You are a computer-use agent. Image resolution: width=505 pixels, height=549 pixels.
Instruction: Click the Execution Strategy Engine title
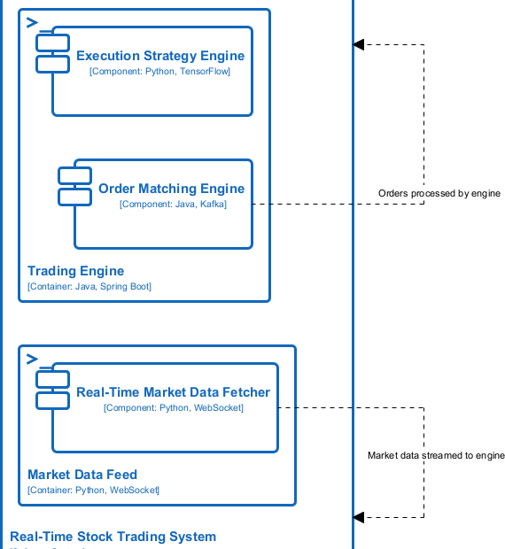pos(160,56)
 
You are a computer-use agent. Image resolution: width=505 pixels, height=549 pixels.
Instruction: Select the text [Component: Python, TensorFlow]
pos(160,71)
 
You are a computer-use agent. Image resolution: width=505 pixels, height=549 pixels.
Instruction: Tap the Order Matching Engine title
pos(171,189)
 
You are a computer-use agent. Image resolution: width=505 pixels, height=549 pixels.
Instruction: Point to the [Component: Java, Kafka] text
pos(173,204)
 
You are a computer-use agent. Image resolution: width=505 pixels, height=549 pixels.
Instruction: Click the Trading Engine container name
pos(76,271)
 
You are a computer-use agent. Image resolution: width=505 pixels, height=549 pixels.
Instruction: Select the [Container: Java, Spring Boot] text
pos(89,286)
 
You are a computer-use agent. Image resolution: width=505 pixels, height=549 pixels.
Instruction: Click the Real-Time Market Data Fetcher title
pos(173,392)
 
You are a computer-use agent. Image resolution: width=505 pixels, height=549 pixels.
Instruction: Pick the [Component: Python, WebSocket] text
pos(173,407)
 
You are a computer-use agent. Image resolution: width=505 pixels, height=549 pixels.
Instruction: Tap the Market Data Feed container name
pos(82,475)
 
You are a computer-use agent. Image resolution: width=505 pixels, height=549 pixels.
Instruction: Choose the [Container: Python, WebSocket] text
pos(93,490)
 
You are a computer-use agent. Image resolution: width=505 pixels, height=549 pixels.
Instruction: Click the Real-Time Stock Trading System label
pos(113,537)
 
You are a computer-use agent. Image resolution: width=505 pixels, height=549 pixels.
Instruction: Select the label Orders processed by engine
pos(439,193)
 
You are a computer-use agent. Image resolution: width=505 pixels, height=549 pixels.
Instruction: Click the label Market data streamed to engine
pos(436,455)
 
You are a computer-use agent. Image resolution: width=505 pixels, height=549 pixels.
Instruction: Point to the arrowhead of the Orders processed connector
pos(358,44)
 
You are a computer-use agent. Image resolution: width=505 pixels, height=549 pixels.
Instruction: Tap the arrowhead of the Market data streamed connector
pos(358,517)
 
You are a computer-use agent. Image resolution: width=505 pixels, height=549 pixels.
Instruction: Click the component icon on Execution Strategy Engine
pos(53,53)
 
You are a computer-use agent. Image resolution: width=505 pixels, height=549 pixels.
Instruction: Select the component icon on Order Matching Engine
pos(75,186)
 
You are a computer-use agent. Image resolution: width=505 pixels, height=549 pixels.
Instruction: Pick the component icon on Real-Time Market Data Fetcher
pos(53,390)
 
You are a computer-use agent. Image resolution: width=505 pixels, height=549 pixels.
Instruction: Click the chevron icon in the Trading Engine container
pos(32,21)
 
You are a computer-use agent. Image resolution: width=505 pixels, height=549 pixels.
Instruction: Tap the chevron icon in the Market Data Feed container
pos(32,358)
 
